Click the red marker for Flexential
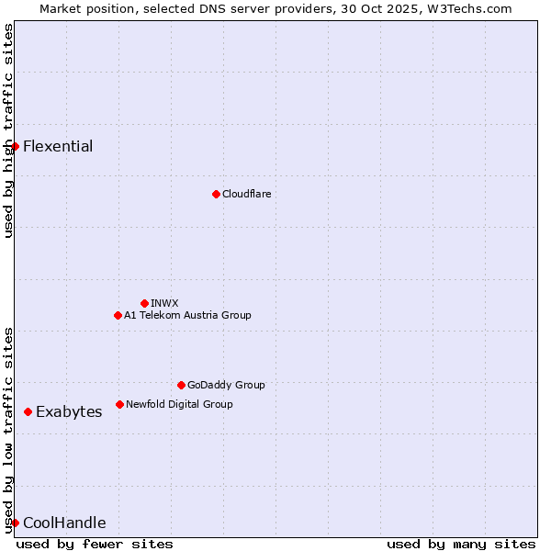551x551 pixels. click(x=15, y=146)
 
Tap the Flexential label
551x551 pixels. click(x=58, y=147)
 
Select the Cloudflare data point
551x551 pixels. click(x=216, y=194)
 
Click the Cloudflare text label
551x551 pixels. click(x=246, y=195)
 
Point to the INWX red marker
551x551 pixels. click(x=144, y=303)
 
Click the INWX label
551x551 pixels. click(x=164, y=303)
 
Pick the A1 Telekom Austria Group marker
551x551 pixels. click(x=118, y=315)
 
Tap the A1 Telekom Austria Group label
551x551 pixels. click(x=187, y=316)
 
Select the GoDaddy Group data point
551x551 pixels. click(x=181, y=385)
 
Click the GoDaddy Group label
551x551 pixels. click(x=226, y=386)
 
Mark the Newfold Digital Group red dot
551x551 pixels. click(x=119, y=404)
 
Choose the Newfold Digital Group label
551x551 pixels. click(x=179, y=404)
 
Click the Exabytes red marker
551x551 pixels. click(x=28, y=411)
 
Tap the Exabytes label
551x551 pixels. click(x=69, y=412)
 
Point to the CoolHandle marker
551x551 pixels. click(x=15, y=523)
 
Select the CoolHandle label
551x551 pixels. click(x=64, y=523)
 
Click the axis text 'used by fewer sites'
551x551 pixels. click(x=95, y=544)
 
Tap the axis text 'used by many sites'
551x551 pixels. click(x=461, y=544)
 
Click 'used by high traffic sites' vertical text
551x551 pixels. click(x=8, y=130)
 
